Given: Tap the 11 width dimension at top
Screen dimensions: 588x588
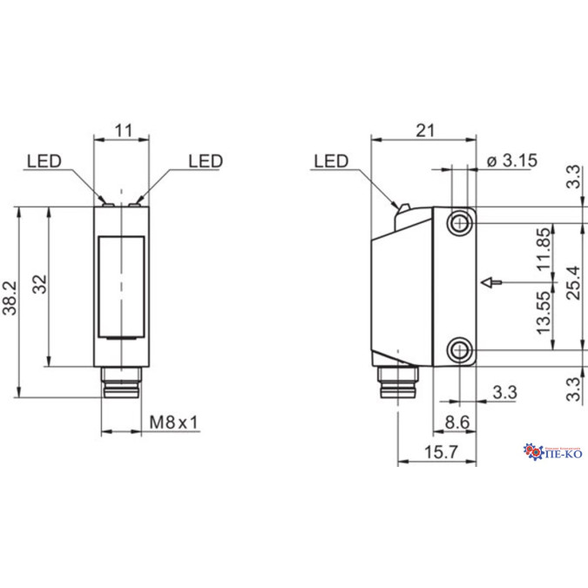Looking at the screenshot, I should (123, 131).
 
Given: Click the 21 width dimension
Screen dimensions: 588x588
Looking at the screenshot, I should (424, 131).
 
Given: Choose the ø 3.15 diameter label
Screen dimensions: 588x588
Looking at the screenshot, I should (511, 159).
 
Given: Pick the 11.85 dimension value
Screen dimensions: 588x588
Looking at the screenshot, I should (544, 251).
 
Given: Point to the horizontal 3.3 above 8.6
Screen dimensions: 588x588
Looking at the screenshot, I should (504, 392).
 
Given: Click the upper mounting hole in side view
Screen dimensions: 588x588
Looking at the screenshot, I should (459, 223).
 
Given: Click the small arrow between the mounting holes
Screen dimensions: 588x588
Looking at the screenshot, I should (490, 282).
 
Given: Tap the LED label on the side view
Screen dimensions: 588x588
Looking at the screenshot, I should (330, 161).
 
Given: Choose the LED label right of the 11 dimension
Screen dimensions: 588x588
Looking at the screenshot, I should (206, 161).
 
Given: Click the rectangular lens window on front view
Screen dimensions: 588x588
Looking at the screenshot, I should (122, 287).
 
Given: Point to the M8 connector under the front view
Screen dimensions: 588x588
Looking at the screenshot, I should (121, 382).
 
